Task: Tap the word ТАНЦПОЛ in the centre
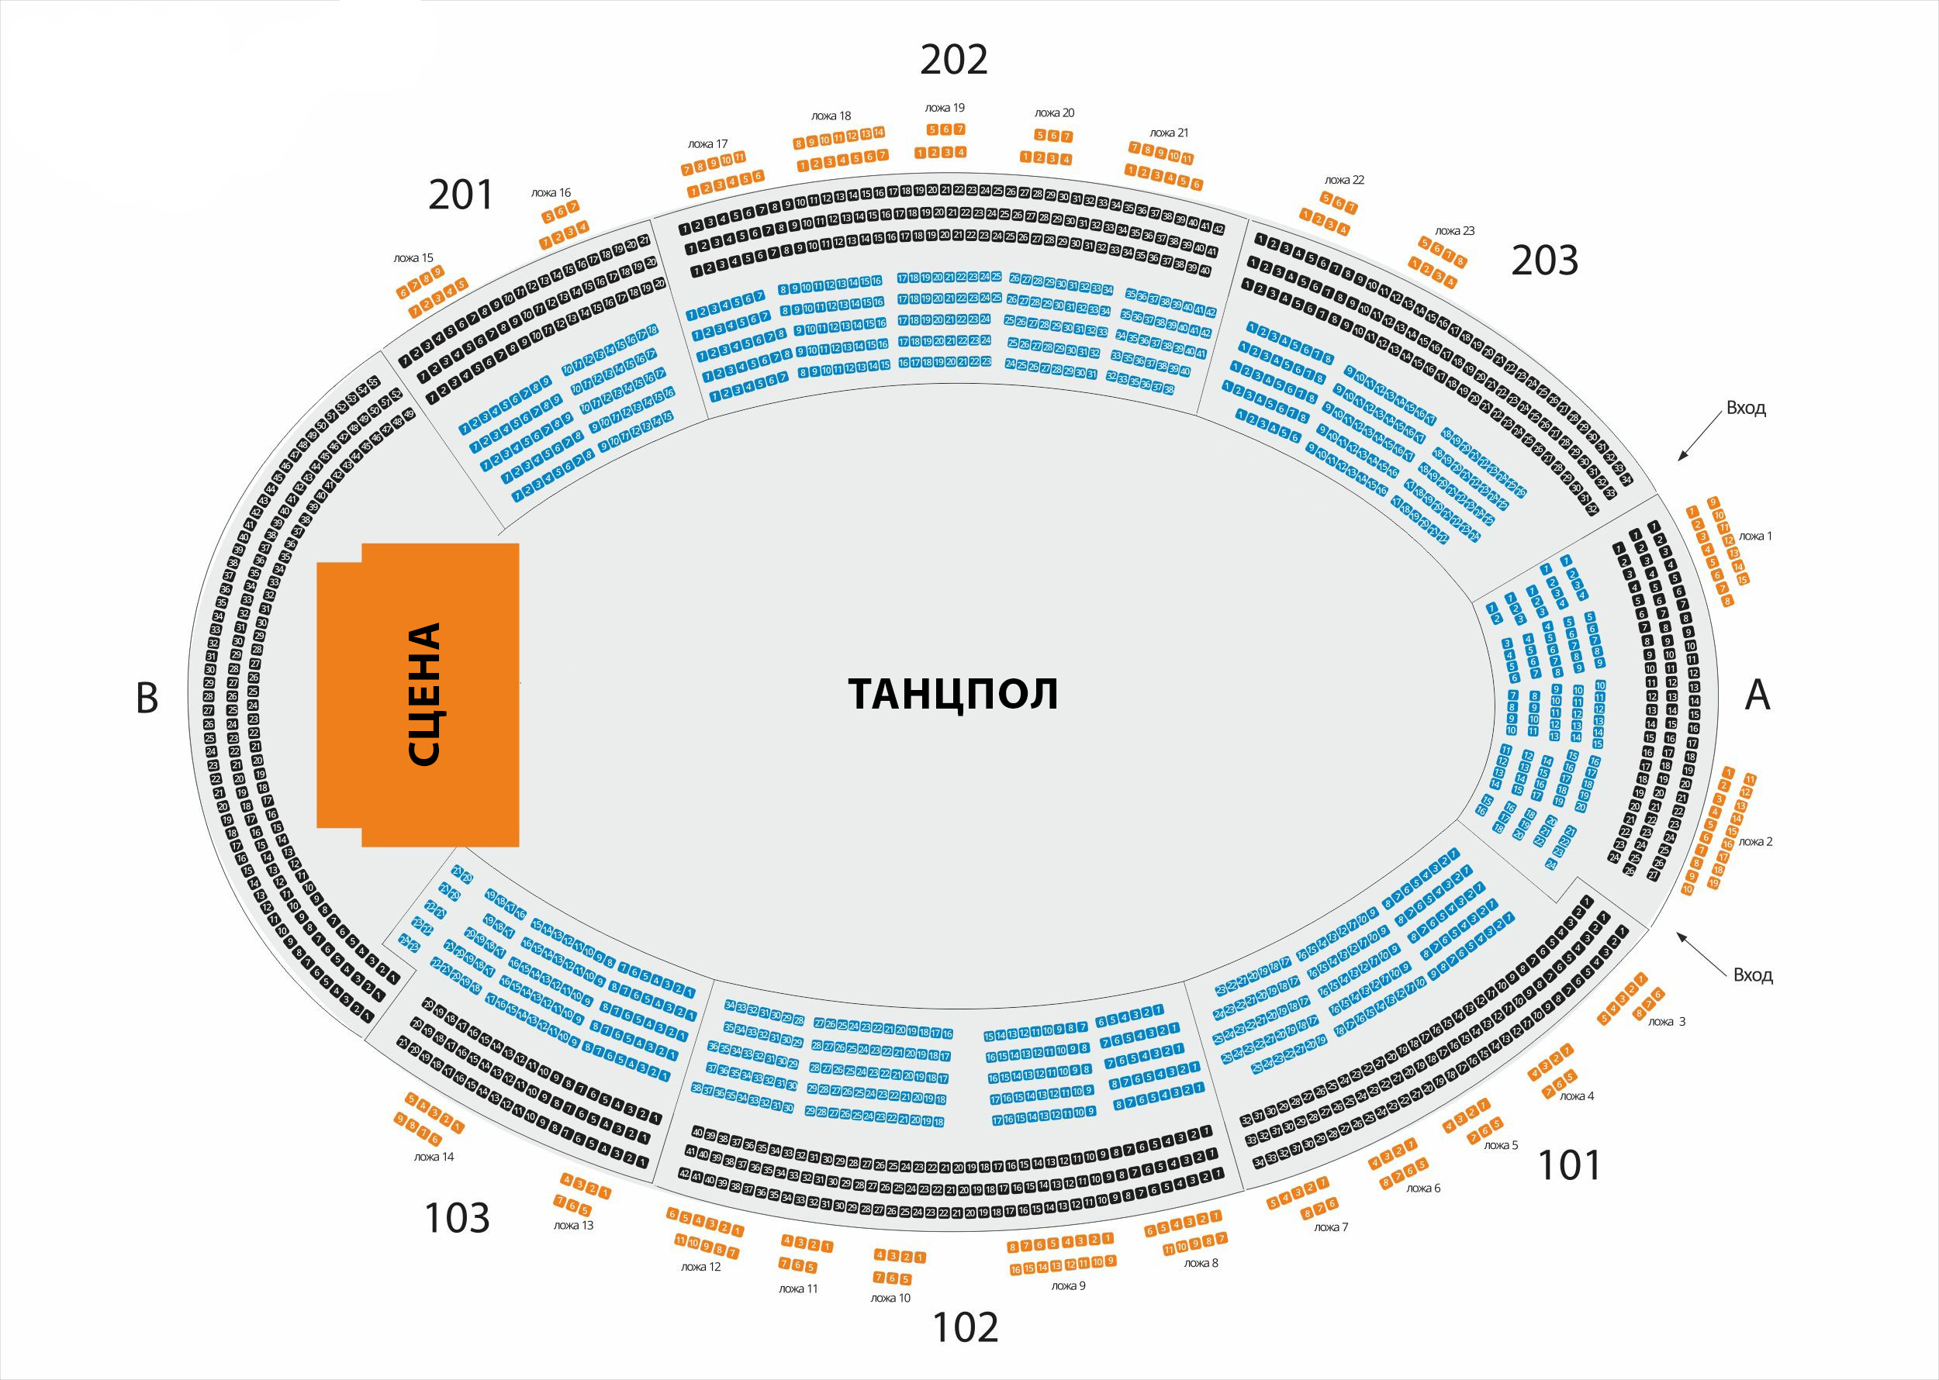(x=953, y=694)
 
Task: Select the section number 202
(x=954, y=60)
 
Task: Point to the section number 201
(x=460, y=195)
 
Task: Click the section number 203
(x=1543, y=260)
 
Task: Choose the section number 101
(x=1569, y=1165)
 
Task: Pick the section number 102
(x=966, y=1327)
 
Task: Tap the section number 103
(x=457, y=1218)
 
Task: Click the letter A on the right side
(x=1757, y=695)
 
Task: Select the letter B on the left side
(x=147, y=698)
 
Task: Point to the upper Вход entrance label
(x=1745, y=408)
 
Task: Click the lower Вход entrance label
(x=1753, y=975)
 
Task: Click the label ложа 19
(x=945, y=108)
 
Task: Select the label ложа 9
(x=1069, y=1285)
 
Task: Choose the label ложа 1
(x=1755, y=536)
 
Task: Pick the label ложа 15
(x=413, y=257)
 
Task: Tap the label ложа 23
(x=1454, y=230)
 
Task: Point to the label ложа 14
(x=434, y=1157)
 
